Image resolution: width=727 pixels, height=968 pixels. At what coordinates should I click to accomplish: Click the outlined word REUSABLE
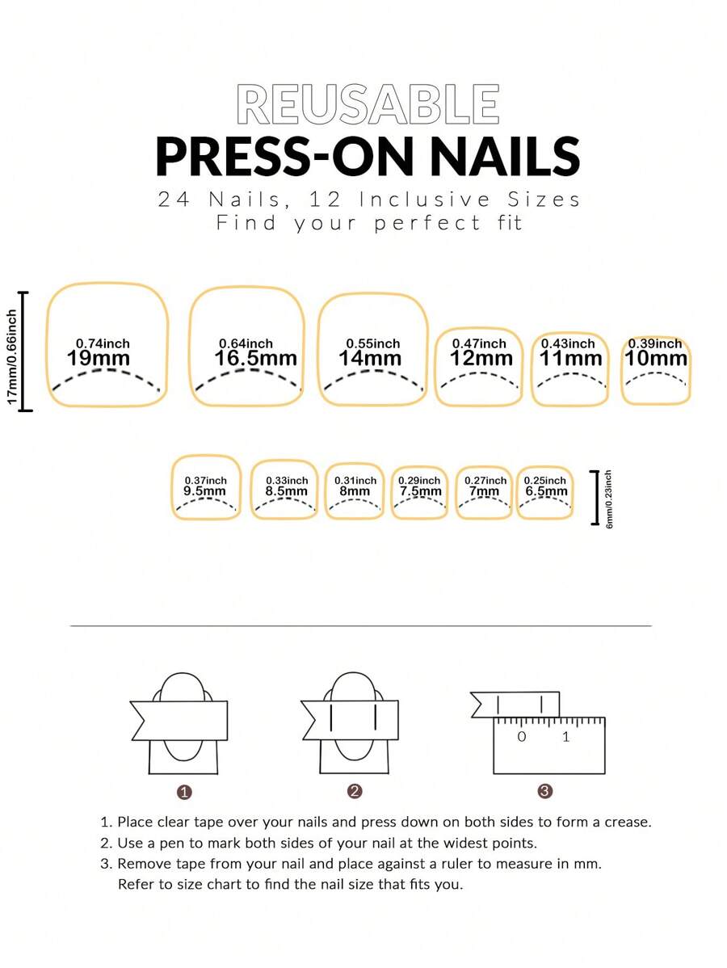[x=368, y=104]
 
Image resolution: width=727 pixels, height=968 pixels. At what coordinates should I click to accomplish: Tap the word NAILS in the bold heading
[x=505, y=156]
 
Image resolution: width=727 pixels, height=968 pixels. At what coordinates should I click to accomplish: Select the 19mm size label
[x=98, y=359]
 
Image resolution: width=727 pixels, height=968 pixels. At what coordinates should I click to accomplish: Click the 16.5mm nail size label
[x=255, y=359]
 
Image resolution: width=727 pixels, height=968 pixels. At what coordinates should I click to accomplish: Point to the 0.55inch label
[x=372, y=343]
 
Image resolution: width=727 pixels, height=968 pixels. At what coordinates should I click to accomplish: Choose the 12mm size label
[x=481, y=359]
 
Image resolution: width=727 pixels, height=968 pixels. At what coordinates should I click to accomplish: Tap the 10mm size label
[x=656, y=359]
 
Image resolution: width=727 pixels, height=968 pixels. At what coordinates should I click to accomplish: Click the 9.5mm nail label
[x=205, y=491]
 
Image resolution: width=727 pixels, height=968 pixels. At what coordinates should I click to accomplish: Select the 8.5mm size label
[x=286, y=491]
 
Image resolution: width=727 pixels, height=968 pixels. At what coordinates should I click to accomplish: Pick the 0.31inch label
[x=355, y=480]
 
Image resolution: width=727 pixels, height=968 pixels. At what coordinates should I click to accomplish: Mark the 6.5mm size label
[x=546, y=491]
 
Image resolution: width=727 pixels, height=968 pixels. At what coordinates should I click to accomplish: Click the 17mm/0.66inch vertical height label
[x=12, y=357]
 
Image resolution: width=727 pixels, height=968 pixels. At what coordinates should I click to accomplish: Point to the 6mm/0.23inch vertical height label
[x=609, y=499]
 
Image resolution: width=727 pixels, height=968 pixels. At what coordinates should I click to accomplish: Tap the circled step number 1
[x=184, y=792]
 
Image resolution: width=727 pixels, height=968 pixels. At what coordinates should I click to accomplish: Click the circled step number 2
[x=355, y=791]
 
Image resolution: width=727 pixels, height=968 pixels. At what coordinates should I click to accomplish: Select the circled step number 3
[x=545, y=791]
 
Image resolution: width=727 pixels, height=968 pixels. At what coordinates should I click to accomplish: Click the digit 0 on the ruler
[x=522, y=736]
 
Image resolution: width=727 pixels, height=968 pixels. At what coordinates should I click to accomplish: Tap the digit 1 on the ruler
[x=566, y=736]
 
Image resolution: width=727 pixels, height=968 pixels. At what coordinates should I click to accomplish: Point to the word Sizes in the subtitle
[x=544, y=200]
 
